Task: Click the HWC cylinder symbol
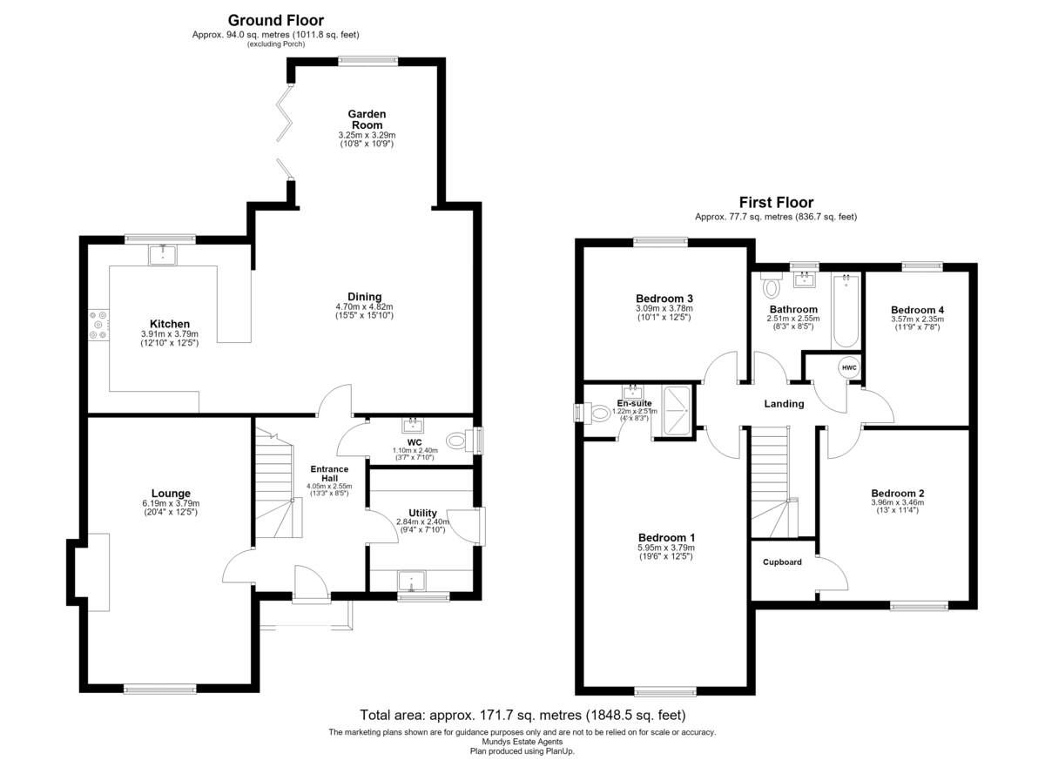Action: coord(849,368)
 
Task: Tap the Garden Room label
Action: coord(367,119)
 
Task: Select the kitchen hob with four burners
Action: coord(98,325)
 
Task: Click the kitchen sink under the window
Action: coord(162,255)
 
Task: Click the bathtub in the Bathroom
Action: coord(846,311)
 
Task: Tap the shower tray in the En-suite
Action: coord(677,411)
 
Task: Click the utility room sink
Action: coord(411,582)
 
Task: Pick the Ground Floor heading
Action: coord(276,21)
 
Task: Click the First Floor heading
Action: coord(776,202)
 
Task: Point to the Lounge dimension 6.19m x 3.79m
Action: coord(171,503)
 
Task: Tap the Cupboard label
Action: coord(782,562)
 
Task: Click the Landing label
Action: coord(785,404)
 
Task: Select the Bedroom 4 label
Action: coord(917,310)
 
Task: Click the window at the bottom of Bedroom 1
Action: coord(665,692)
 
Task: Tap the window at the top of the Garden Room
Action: coord(368,61)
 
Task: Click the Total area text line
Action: coord(522,716)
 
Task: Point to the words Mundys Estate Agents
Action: coord(522,742)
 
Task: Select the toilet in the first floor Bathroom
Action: coord(772,286)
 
